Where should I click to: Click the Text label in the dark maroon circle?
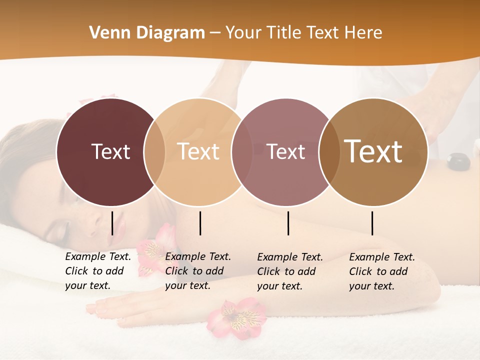[x=110, y=151]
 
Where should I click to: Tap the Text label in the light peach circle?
[x=198, y=151]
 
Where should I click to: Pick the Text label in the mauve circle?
[x=286, y=151]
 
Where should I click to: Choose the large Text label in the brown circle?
[x=373, y=151]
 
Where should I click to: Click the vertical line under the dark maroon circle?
[x=112, y=223]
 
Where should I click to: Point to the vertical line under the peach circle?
[x=200, y=223]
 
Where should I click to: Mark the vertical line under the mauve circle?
[x=288, y=223]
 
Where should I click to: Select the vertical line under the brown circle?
[x=372, y=223]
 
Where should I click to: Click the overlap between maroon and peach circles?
[x=154, y=152]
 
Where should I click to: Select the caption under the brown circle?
[x=381, y=271]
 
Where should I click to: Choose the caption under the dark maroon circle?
[x=97, y=271]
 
